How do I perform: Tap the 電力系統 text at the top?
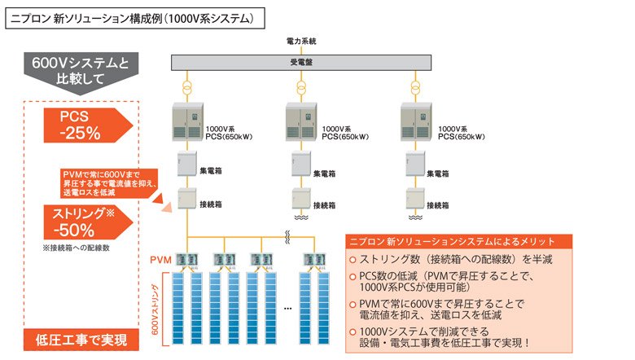tap(301, 40)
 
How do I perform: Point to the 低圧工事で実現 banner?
tap(81, 339)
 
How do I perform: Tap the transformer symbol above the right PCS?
tap(418, 86)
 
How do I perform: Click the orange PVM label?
tap(160, 260)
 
